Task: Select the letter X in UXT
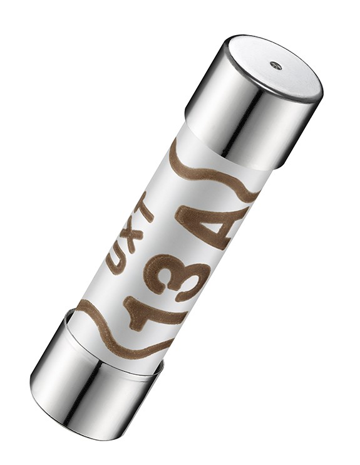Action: [130, 236]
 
